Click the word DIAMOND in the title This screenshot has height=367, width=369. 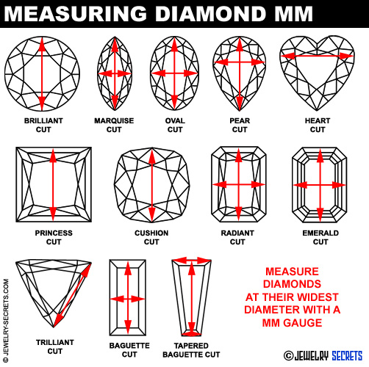[x=210, y=13]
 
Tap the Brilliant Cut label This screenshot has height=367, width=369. [x=43, y=125]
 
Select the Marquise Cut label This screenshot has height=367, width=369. [x=114, y=125]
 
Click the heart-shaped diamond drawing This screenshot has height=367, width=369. [x=317, y=73]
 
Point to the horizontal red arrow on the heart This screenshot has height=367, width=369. [x=317, y=56]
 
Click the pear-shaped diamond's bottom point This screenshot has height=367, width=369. [x=240, y=110]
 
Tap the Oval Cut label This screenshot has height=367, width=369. [x=175, y=125]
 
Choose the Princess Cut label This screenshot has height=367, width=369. [x=54, y=237]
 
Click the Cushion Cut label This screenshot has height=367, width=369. [x=151, y=237]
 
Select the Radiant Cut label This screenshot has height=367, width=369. [x=237, y=237]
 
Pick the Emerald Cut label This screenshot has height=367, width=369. [x=320, y=237]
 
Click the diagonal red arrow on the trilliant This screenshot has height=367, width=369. [x=73, y=295]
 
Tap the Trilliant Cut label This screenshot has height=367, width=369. [x=55, y=346]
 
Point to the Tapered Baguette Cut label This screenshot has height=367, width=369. [x=191, y=350]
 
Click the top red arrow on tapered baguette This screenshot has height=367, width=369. [x=191, y=261]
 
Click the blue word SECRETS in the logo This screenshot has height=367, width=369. [x=347, y=356]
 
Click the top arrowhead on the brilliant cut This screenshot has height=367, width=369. [x=42, y=45]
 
